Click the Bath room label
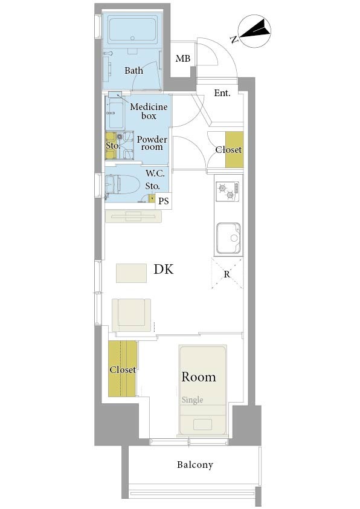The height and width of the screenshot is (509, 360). (133, 71)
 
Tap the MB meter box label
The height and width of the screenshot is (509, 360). (183, 59)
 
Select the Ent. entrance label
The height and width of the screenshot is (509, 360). (222, 93)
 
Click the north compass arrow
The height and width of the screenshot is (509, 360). (254, 30)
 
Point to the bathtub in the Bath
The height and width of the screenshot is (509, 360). (132, 30)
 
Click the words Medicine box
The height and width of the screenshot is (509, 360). (149, 111)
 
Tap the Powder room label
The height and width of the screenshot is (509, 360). (152, 143)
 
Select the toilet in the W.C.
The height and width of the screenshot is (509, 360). (122, 184)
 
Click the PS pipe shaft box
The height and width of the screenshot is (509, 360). (164, 201)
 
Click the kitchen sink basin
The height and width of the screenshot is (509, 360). (228, 238)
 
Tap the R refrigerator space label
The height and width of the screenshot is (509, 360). (227, 274)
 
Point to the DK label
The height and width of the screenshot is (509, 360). (164, 269)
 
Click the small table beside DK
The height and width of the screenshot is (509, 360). (131, 273)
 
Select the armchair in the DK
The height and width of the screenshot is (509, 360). (131, 315)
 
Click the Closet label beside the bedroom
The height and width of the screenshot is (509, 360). (123, 370)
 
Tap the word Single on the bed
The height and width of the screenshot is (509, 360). (192, 400)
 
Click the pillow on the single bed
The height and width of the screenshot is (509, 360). (203, 424)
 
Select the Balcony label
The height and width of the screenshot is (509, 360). (195, 465)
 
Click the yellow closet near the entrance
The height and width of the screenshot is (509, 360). (234, 150)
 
